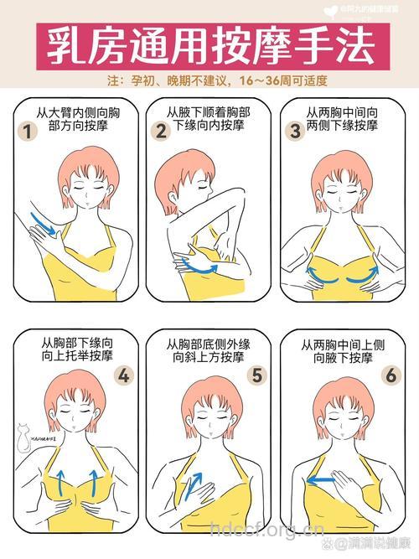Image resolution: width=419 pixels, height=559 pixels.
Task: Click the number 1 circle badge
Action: pyautogui.click(x=29, y=132)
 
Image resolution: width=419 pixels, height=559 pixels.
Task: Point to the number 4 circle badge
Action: pyautogui.click(x=125, y=375)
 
